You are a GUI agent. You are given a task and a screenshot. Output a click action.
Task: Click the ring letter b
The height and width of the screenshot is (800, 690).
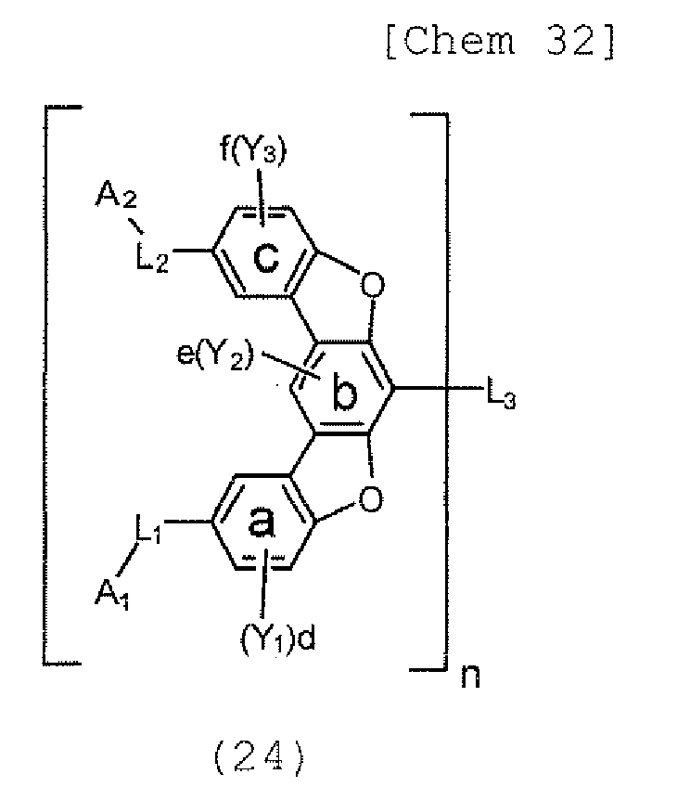pyautogui.click(x=344, y=394)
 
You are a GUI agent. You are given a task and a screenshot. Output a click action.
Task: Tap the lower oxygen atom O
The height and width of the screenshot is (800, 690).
pyautogui.click(x=371, y=502)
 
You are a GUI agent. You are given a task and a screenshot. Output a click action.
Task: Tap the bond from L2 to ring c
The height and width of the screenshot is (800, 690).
pyautogui.click(x=193, y=251)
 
